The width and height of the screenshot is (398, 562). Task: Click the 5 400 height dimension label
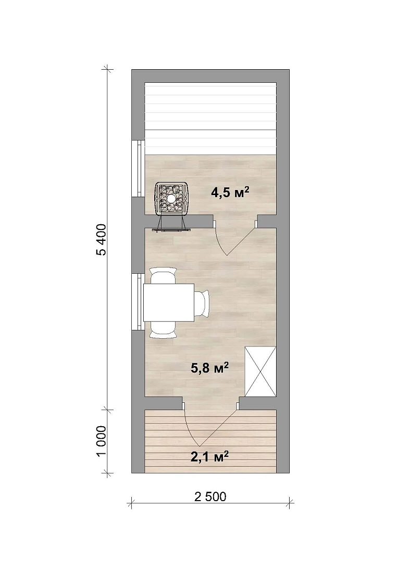point(102,239)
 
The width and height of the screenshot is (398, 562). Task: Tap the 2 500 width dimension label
point(210,497)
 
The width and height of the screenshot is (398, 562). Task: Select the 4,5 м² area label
point(230,193)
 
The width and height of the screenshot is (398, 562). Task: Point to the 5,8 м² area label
point(210,368)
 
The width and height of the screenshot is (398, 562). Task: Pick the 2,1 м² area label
point(210,457)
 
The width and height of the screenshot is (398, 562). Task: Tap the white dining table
point(169,302)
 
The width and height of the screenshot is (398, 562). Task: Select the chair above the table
point(163,275)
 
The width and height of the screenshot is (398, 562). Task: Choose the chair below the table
point(163,329)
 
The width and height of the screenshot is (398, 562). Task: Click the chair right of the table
point(202,303)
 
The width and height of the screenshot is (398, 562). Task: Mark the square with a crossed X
point(260,372)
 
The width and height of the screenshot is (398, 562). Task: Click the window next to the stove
point(138,169)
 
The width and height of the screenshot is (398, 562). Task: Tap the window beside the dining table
point(138,301)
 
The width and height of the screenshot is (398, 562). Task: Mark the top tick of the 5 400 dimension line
point(106,68)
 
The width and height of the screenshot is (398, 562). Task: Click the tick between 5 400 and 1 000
point(106,409)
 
